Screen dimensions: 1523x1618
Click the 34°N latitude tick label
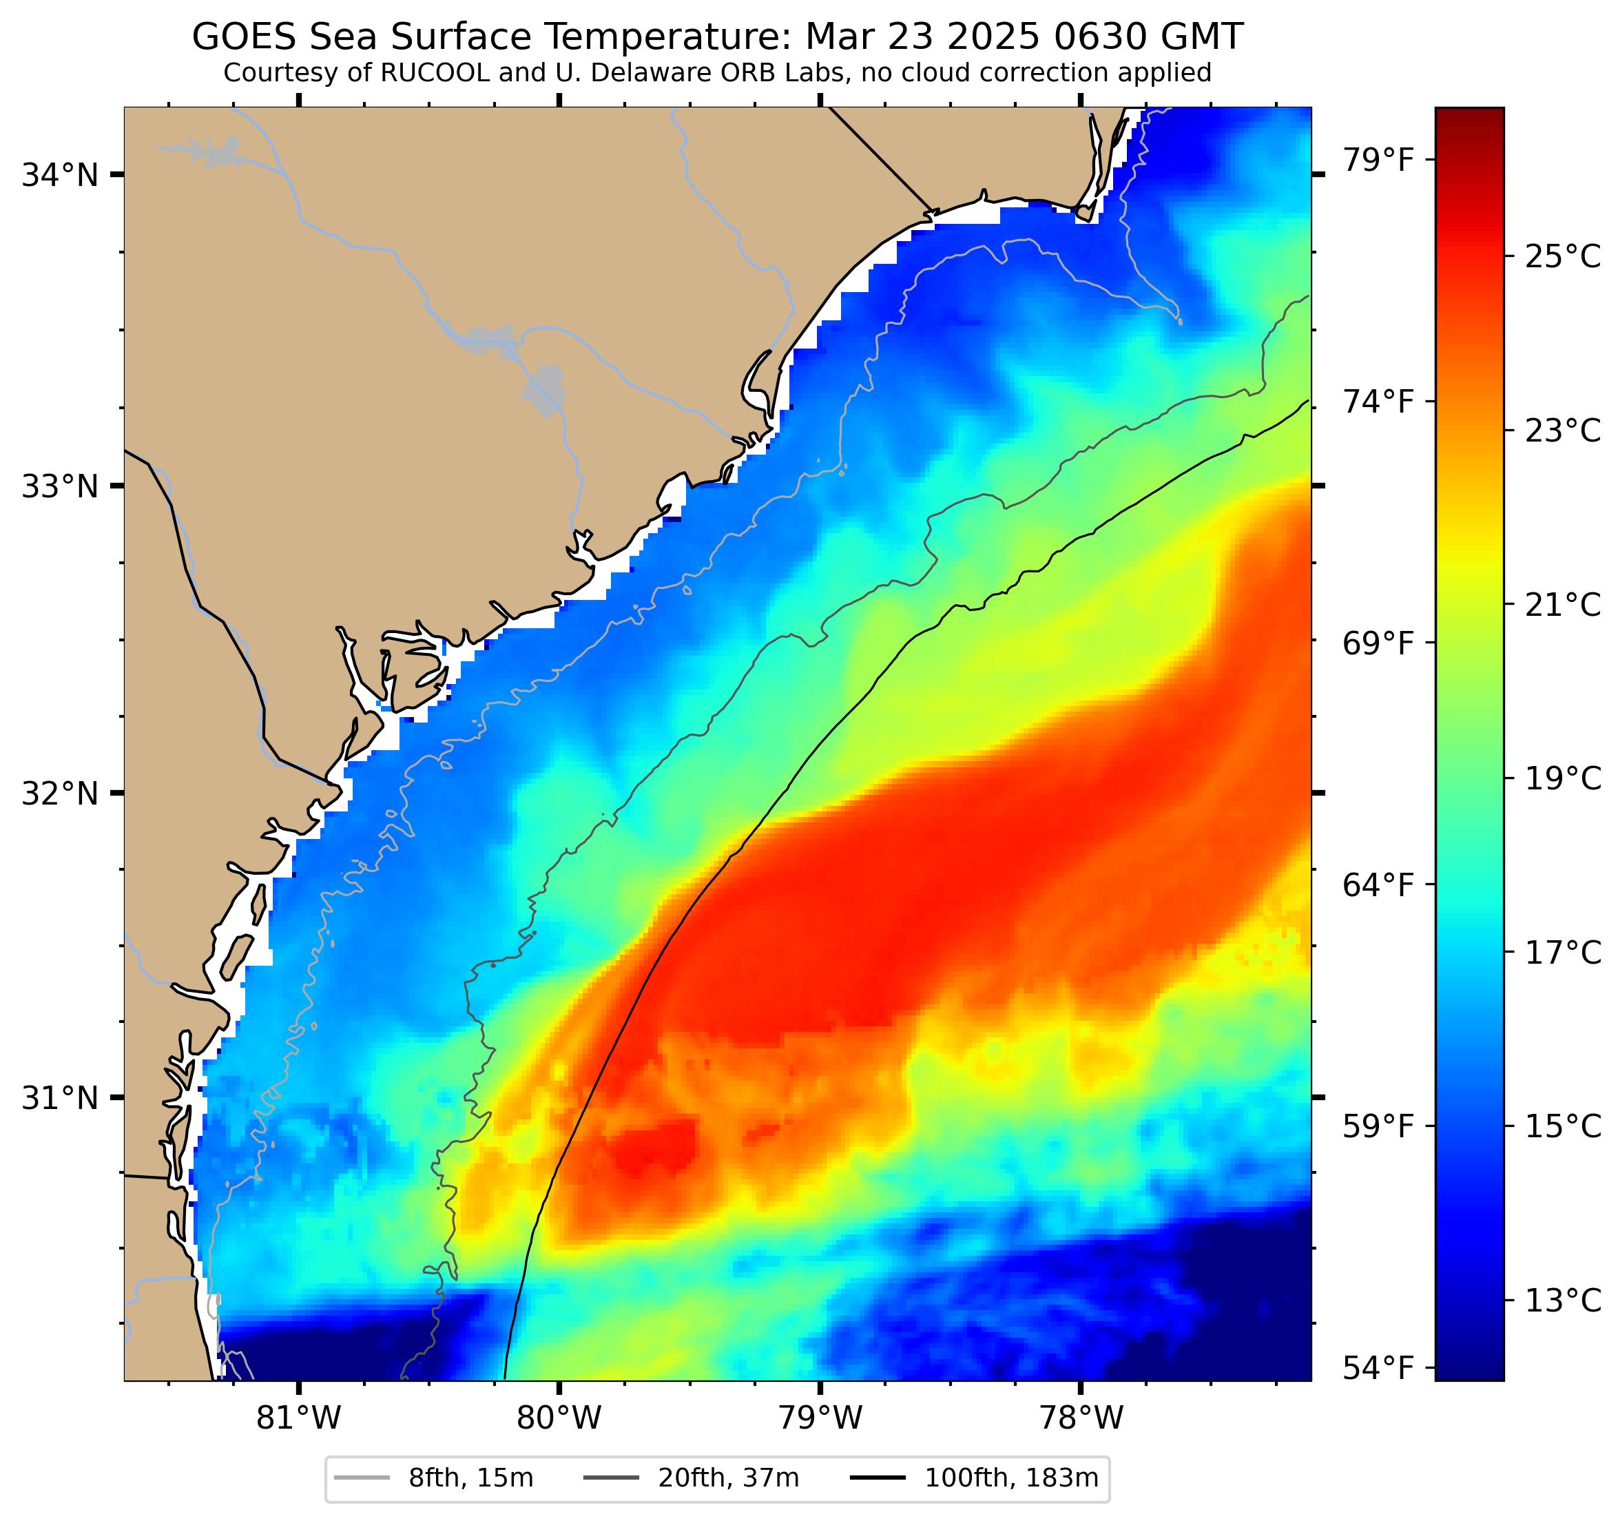(x=59, y=175)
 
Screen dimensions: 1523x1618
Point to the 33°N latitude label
(x=59, y=487)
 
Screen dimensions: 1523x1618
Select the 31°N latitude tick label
(x=59, y=1098)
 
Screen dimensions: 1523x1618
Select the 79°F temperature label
(x=1377, y=160)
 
